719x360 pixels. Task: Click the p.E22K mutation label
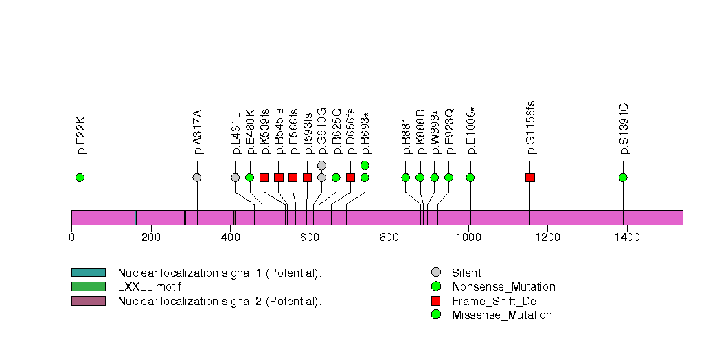tap(80, 135)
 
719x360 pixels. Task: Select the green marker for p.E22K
tap(80, 177)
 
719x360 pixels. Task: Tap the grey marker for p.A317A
tap(197, 177)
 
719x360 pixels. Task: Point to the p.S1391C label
tap(624, 128)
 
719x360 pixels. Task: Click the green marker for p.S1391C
tap(623, 177)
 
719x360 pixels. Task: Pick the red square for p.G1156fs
tap(529, 177)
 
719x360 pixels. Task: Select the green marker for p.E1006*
tap(470, 177)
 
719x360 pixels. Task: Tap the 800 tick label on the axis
tap(389, 238)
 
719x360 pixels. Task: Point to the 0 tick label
tap(71, 238)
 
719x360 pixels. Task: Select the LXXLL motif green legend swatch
tap(88, 286)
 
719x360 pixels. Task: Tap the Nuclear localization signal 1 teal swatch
tap(88, 273)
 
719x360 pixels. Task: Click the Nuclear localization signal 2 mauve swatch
tap(88, 301)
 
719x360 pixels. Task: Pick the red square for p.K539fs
tap(264, 177)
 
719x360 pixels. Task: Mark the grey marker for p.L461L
tap(236, 177)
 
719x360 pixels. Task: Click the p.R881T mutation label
tap(406, 131)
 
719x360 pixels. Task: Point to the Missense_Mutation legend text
tap(502, 315)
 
